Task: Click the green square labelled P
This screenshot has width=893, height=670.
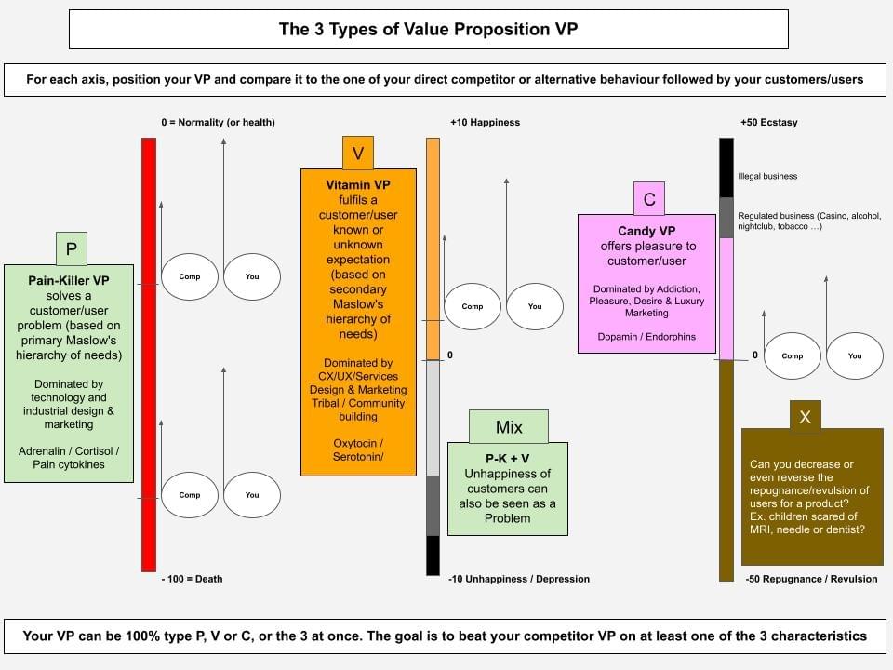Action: click(x=71, y=248)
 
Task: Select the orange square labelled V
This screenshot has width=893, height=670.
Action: click(x=357, y=153)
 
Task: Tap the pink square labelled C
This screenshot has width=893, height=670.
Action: click(x=649, y=199)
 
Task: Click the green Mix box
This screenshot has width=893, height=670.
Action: click(x=508, y=427)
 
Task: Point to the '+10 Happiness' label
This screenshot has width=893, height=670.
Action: click(x=485, y=123)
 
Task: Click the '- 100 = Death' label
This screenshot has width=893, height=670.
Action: click(x=193, y=579)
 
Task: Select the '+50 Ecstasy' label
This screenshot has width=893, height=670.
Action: click(x=768, y=123)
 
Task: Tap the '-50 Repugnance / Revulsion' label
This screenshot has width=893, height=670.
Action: click(x=811, y=579)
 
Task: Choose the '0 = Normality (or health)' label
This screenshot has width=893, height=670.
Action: click(x=218, y=123)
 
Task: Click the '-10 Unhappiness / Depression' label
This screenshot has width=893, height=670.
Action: click(x=519, y=579)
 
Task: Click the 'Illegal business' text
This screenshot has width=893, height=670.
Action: click(x=767, y=176)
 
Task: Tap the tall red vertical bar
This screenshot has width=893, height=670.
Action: click(x=149, y=354)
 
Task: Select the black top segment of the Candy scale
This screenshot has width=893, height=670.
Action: click(x=726, y=167)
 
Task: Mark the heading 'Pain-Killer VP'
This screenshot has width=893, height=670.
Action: click(x=70, y=280)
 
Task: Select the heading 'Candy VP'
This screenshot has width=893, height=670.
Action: click(x=646, y=231)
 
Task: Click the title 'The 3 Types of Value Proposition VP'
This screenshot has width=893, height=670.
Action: click(x=429, y=29)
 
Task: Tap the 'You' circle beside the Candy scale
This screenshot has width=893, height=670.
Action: click(x=855, y=355)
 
